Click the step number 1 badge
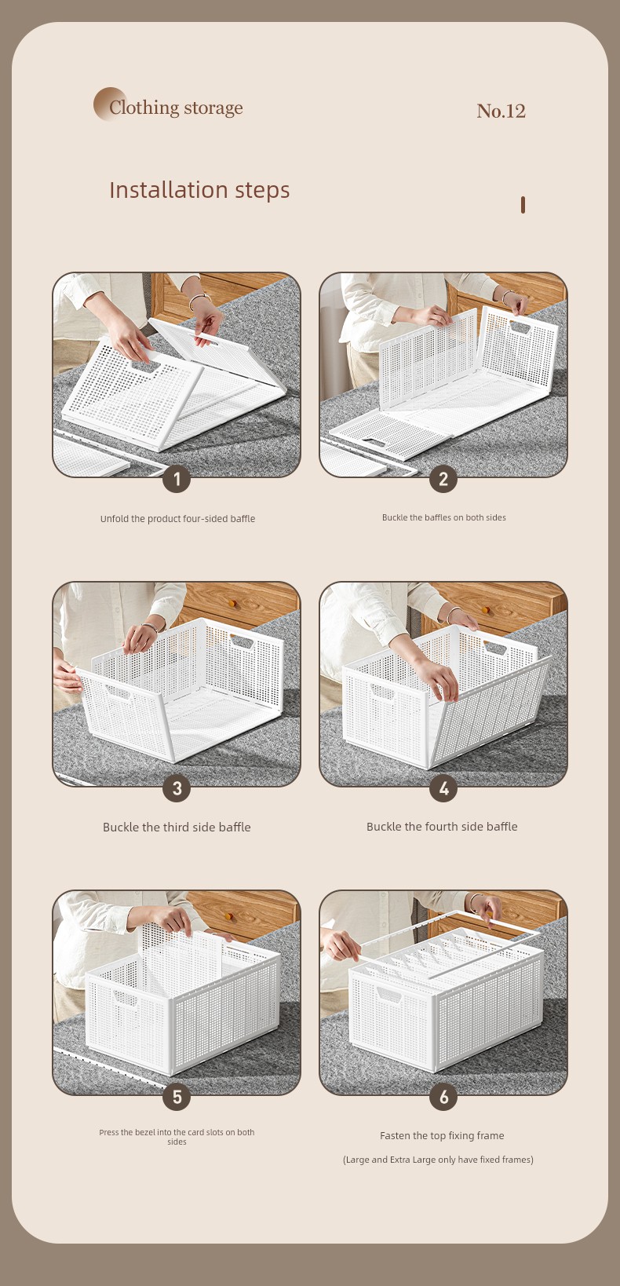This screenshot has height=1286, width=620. click(x=177, y=479)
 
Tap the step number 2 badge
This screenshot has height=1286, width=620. click(x=443, y=479)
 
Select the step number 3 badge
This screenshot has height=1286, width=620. click(x=177, y=788)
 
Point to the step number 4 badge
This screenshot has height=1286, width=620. click(x=443, y=788)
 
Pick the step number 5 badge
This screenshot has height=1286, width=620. click(x=177, y=1097)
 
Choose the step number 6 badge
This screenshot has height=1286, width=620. click(x=443, y=1097)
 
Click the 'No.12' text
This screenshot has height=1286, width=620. click(x=501, y=111)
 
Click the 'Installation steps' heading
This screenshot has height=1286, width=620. click(x=199, y=190)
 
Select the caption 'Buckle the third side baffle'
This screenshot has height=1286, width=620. click(x=177, y=827)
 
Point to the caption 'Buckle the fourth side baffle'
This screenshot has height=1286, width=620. click(x=442, y=826)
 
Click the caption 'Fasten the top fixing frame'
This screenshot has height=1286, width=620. click(x=442, y=1135)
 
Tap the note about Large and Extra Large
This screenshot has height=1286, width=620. click(x=438, y=1160)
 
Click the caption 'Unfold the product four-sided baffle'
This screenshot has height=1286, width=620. click(x=177, y=518)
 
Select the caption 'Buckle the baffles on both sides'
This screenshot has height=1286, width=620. click(x=443, y=517)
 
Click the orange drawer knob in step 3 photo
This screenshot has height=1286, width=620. click(x=232, y=603)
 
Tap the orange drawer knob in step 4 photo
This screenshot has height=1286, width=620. click(x=486, y=610)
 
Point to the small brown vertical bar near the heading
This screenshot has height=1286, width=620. click(x=523, y=205)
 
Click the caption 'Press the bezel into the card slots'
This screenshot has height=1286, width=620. click(x=177, y=1137)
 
